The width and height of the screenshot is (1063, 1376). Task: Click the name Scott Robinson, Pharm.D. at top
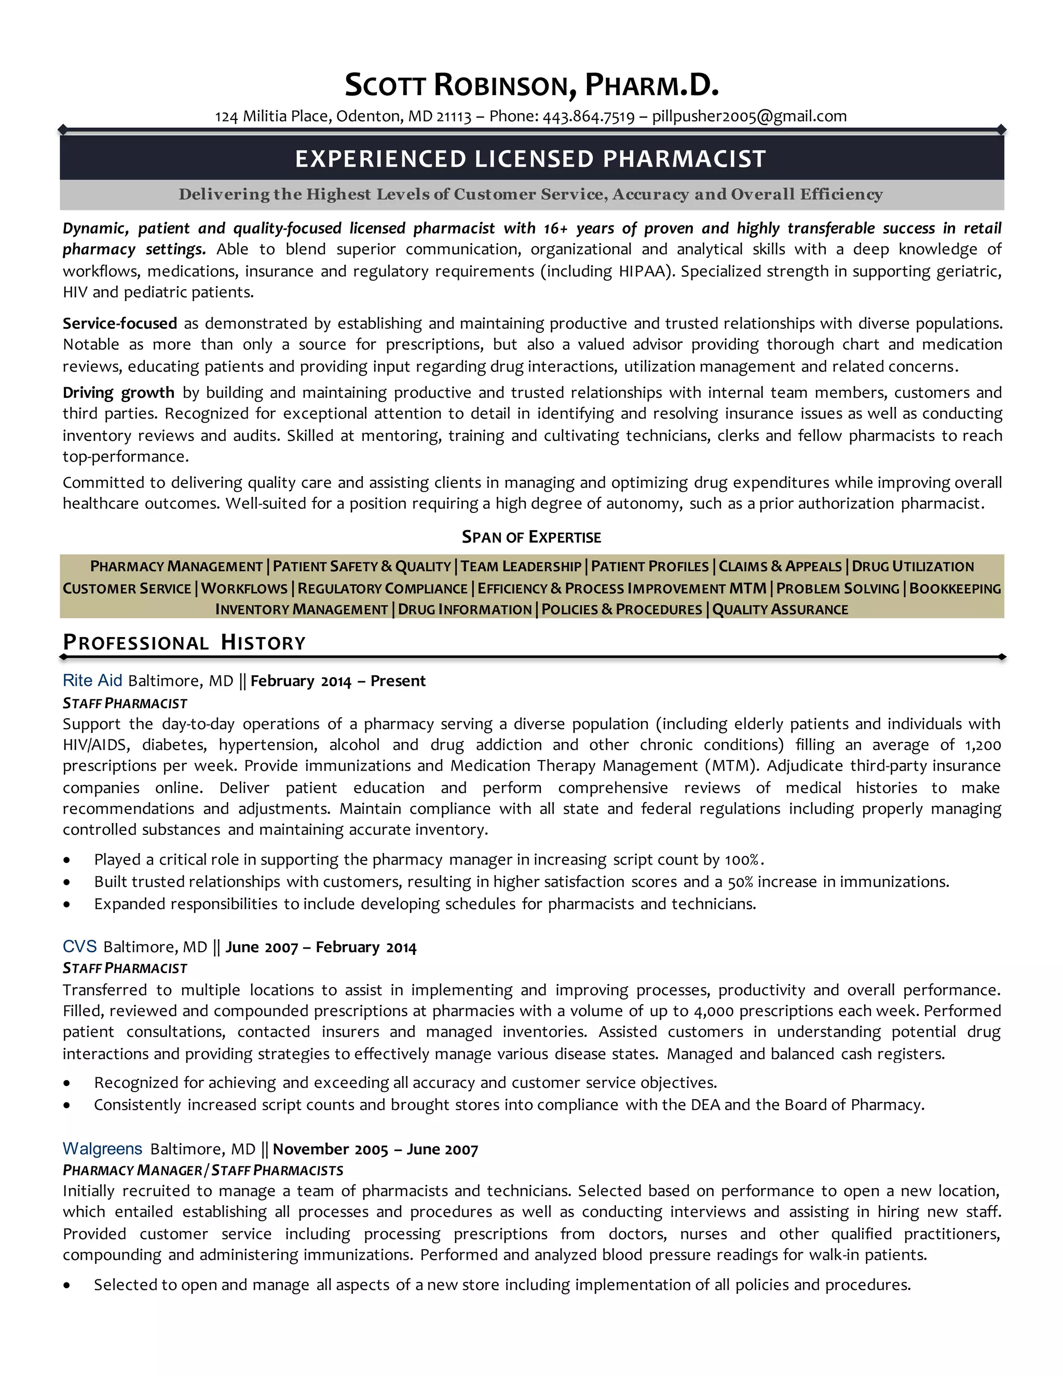click(x=531, y=86)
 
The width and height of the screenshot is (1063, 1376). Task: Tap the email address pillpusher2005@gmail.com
click(x=749, y=116)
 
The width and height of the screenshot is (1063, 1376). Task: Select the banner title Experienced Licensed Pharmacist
click(x=531, y=159)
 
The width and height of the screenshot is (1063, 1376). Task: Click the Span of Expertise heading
click(x=531, y=537)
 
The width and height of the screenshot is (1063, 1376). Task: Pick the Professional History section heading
click(x=184, y=643)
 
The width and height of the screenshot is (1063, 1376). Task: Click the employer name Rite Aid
click(x=92, y=680)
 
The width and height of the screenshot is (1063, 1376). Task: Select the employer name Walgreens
click(x=102, y=1149)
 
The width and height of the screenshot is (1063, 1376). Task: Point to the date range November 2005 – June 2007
click(x=375, y=1150)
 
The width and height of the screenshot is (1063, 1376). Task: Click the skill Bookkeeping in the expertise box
click(x=955, y=588)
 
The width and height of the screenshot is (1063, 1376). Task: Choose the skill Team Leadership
click(x=521, y=566)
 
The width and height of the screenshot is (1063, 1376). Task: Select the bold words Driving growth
click(x=118, y=393)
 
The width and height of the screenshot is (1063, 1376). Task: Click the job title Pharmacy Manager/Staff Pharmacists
click(x=203, y=1170)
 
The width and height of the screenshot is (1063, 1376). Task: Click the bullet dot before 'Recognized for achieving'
click(x=67, y=1084)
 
